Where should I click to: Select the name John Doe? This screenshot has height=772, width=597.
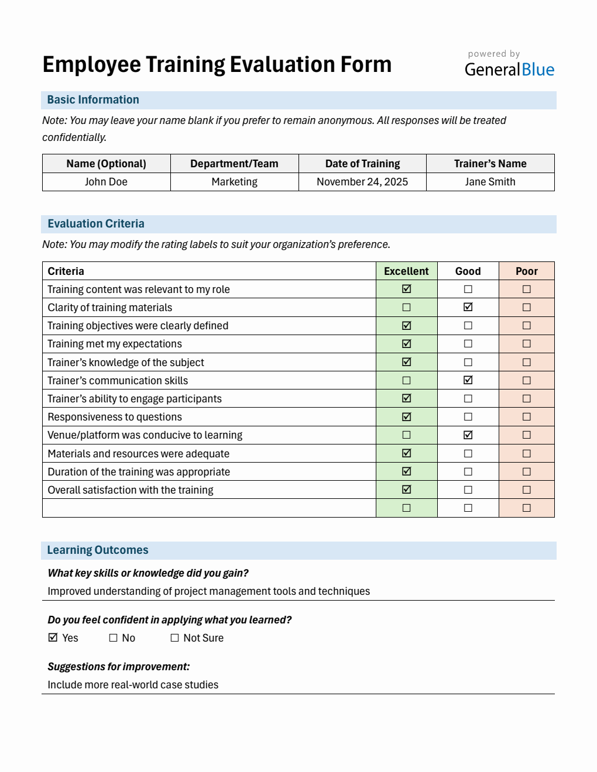point(106,182)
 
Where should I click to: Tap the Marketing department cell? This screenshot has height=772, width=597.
point(234,182)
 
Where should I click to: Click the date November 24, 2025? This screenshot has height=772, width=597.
point(362,182)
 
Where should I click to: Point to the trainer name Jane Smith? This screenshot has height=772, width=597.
point(490,182)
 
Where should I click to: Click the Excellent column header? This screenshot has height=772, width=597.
point(406,271)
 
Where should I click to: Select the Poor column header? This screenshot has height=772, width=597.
point(526,271)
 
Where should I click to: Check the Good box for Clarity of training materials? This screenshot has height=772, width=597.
point(468,307)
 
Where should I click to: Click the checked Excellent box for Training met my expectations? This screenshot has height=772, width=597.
point(407,344)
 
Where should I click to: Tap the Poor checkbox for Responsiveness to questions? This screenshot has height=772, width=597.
point(526,417)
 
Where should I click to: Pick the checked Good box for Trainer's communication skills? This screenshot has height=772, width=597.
point(468,380)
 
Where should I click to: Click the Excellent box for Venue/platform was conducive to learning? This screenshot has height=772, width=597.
point(407,435)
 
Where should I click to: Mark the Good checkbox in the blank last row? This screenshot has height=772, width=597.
point(468,508)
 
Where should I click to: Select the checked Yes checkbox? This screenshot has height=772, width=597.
point(53,637)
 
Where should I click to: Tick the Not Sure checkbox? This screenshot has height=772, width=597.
point(174,638)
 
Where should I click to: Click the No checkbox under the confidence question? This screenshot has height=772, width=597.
point(114,638)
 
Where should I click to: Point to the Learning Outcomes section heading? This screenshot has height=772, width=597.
point(98,550)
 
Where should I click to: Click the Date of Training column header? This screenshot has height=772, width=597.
point(362,164)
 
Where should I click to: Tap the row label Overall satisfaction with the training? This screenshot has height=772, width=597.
point(131,490)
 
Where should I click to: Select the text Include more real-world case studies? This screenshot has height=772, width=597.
point(133,685)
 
